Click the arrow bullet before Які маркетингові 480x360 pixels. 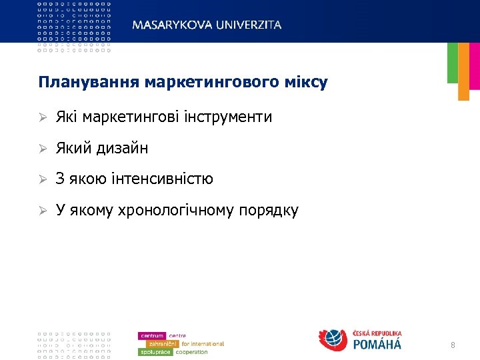(42, 117)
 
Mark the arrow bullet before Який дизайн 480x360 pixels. (42, 148)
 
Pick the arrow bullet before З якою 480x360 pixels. (42, 179)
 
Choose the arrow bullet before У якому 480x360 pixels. (42, 211)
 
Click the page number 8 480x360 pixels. (453, 345)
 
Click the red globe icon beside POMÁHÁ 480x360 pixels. (333, 340)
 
